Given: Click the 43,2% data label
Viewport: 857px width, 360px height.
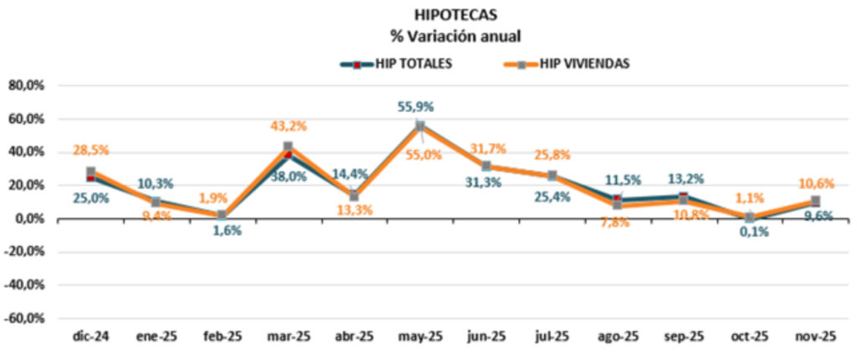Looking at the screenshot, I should (289, 126).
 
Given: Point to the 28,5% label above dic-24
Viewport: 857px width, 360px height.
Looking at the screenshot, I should (90, 150).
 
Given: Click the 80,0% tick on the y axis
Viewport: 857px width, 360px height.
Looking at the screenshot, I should (26, 85).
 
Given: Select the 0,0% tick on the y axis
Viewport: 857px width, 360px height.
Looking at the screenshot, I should (29, 219).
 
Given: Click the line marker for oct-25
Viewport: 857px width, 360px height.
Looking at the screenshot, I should (750, 217).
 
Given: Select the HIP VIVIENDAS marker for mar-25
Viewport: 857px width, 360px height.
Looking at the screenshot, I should (288, 147).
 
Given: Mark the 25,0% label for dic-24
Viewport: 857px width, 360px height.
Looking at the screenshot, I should (90, 198).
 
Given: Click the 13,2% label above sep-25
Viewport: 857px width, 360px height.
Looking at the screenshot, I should (685, 177).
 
